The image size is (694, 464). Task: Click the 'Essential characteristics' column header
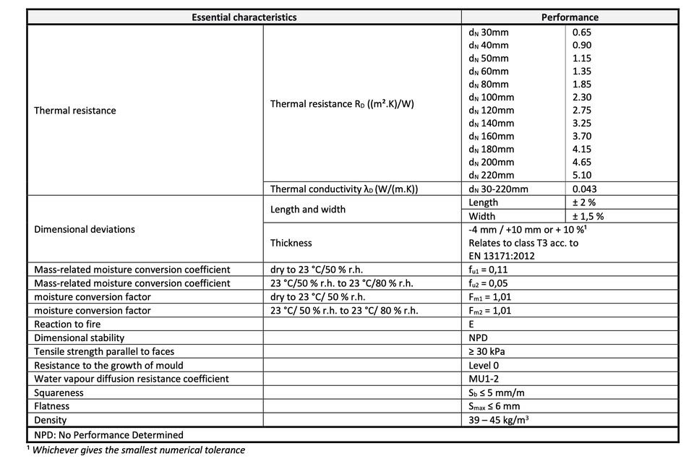(x=244, y=17)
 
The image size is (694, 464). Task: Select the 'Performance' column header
(x=570, y=17)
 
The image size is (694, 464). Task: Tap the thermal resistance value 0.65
(x=581, y=33)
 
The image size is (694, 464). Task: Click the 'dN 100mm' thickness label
(x=492, y=98)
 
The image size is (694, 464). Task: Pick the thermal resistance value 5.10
(x=581, y=176)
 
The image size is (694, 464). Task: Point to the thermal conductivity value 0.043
(x=584, y=189)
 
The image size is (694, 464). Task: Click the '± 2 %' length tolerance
(x=583, y=203)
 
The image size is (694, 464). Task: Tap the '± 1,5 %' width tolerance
(x=588, y=216)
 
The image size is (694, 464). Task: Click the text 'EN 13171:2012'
(x=501, y=256)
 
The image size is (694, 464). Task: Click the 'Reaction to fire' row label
(x=68, y=325)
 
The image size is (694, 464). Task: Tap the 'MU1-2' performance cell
(x=484, y=379)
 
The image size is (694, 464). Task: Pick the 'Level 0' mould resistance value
(x=484, y=366)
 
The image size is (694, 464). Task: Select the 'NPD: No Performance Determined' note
(x=109, y=435)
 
